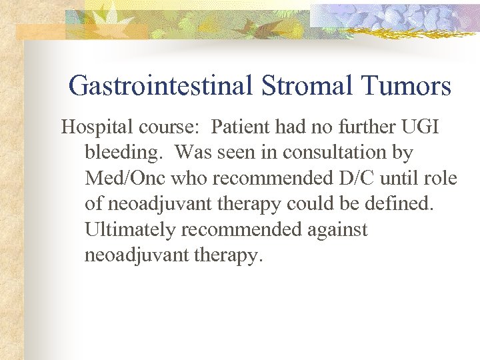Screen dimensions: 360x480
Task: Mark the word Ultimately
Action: point(130,229)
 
